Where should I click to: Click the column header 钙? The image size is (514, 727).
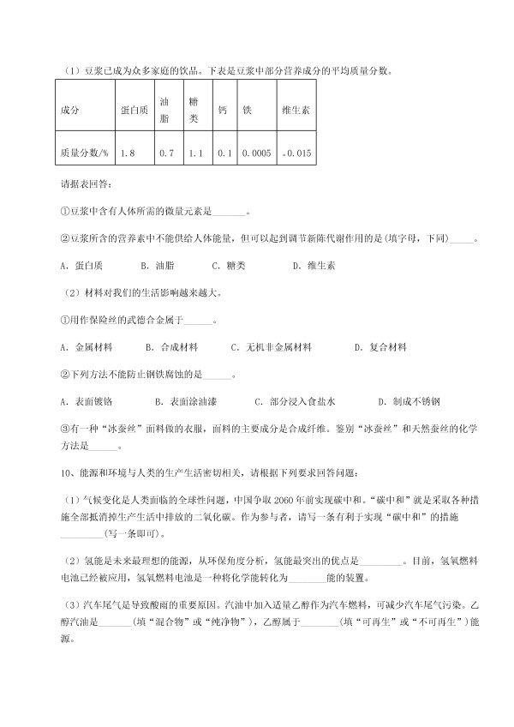tap(223, 111)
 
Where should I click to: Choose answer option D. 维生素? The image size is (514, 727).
tap(314, 266)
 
